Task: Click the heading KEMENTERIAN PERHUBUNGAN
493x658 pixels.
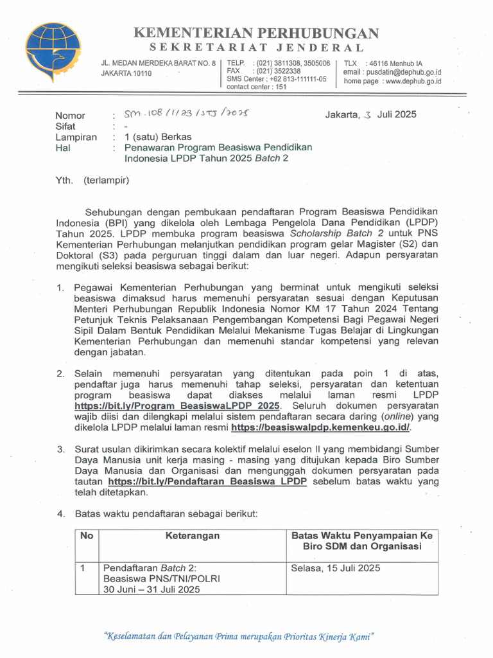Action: [255, 33]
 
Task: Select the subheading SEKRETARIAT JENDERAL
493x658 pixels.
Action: [256, 48]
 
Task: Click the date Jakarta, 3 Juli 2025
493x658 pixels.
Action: [370, 114]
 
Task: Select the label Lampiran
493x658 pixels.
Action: [76, 137]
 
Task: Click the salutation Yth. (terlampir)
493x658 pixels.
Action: [92, 180]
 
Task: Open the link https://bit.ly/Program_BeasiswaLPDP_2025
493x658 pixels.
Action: [177, 406]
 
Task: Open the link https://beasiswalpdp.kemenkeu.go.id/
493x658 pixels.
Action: [320, 427]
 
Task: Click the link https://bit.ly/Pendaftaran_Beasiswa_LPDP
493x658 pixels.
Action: [207, 482]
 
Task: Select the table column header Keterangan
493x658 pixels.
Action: [193, 535]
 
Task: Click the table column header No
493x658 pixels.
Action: [86, 535]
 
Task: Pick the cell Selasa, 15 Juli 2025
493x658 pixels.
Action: [335, 568]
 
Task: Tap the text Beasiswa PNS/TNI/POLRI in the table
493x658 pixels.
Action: [161, 578]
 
